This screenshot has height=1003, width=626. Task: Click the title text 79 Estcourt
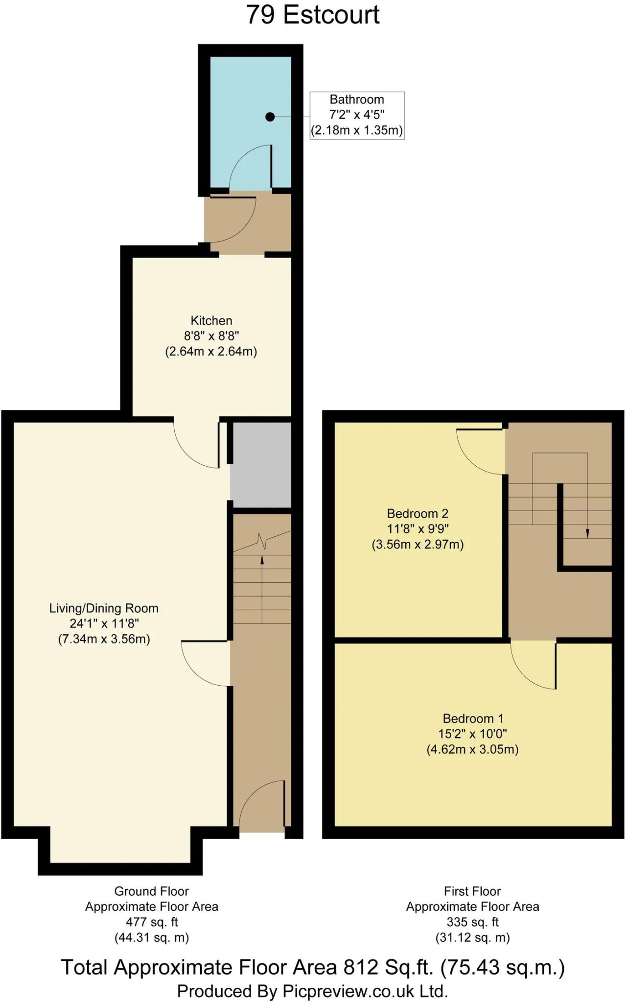point(313,15)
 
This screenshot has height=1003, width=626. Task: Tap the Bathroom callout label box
point(357,115)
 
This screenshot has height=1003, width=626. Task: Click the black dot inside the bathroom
point(270,117)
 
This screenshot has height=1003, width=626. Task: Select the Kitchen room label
point(211,321)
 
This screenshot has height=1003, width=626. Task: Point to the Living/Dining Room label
point(104,608)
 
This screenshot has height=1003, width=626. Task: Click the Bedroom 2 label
point(417,514)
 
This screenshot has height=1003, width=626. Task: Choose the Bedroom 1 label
point(473,718)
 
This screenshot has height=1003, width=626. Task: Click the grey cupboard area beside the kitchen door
point(261,465)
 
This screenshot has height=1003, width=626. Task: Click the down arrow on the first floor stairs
point(587,534)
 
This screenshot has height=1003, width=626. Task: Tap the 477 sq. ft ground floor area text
point(152,922)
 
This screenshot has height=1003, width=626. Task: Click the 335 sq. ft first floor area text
point(472,922)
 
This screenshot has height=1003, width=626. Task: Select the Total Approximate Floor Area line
point(313,967)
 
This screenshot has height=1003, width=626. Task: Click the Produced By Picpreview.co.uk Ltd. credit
point(313,991)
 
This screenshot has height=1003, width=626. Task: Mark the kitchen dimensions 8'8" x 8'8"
point(211,336)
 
